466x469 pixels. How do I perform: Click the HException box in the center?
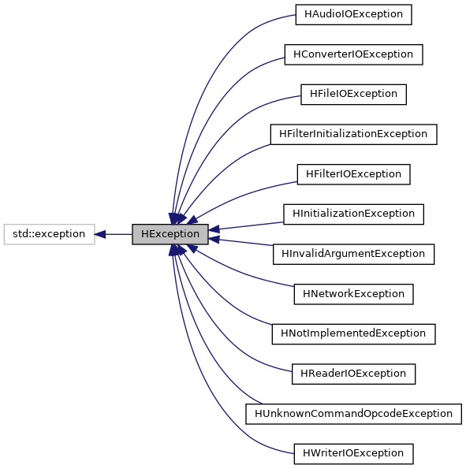tap(170, 234)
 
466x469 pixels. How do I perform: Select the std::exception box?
tap(49, 234)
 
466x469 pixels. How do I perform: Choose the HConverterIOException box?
tap(353, 54)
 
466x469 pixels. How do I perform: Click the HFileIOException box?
tap(353, 94)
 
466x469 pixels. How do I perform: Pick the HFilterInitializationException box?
tap(353, 134)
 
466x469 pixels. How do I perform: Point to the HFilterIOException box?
tap(353, 173)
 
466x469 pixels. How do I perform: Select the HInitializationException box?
tap(353, 214)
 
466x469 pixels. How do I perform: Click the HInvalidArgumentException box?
tap(353, 254)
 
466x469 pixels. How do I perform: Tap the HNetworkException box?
tap(353, 293)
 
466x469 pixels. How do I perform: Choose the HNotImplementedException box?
tap(353, 333)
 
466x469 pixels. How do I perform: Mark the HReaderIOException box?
tap(353, 373)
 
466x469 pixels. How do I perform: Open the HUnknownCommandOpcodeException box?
tap(353, 413)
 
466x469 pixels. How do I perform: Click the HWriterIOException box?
tap(353, 453)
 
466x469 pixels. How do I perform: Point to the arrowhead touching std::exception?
tap(100, 234)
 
